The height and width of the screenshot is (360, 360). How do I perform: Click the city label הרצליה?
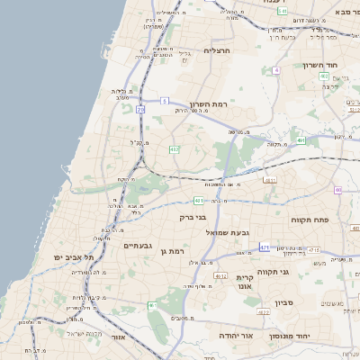pyautogui.click(x=218, y=50)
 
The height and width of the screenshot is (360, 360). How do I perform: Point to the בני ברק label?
pyautogui.click(x=193, y=217)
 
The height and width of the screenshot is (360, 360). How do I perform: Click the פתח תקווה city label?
pyautogui.click(x=309, y=220)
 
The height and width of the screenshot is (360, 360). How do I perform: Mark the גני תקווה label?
pyautogui.click(x=272, y=271)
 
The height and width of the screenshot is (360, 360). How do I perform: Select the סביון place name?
pyautogui.click(x=284, y=302)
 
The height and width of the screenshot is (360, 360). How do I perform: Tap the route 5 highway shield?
pyautogui.click(x=165, y=101)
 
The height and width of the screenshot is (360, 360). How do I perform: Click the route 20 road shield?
pyautogui.click(x=141, y=109)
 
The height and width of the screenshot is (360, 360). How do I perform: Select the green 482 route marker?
pyautogui.click(x=174, y=148)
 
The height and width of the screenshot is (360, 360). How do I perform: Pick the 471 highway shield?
pyautogui.click(x=265, y=247)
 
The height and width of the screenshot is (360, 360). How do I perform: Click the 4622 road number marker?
pyautogui.click(x=264, y=311)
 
